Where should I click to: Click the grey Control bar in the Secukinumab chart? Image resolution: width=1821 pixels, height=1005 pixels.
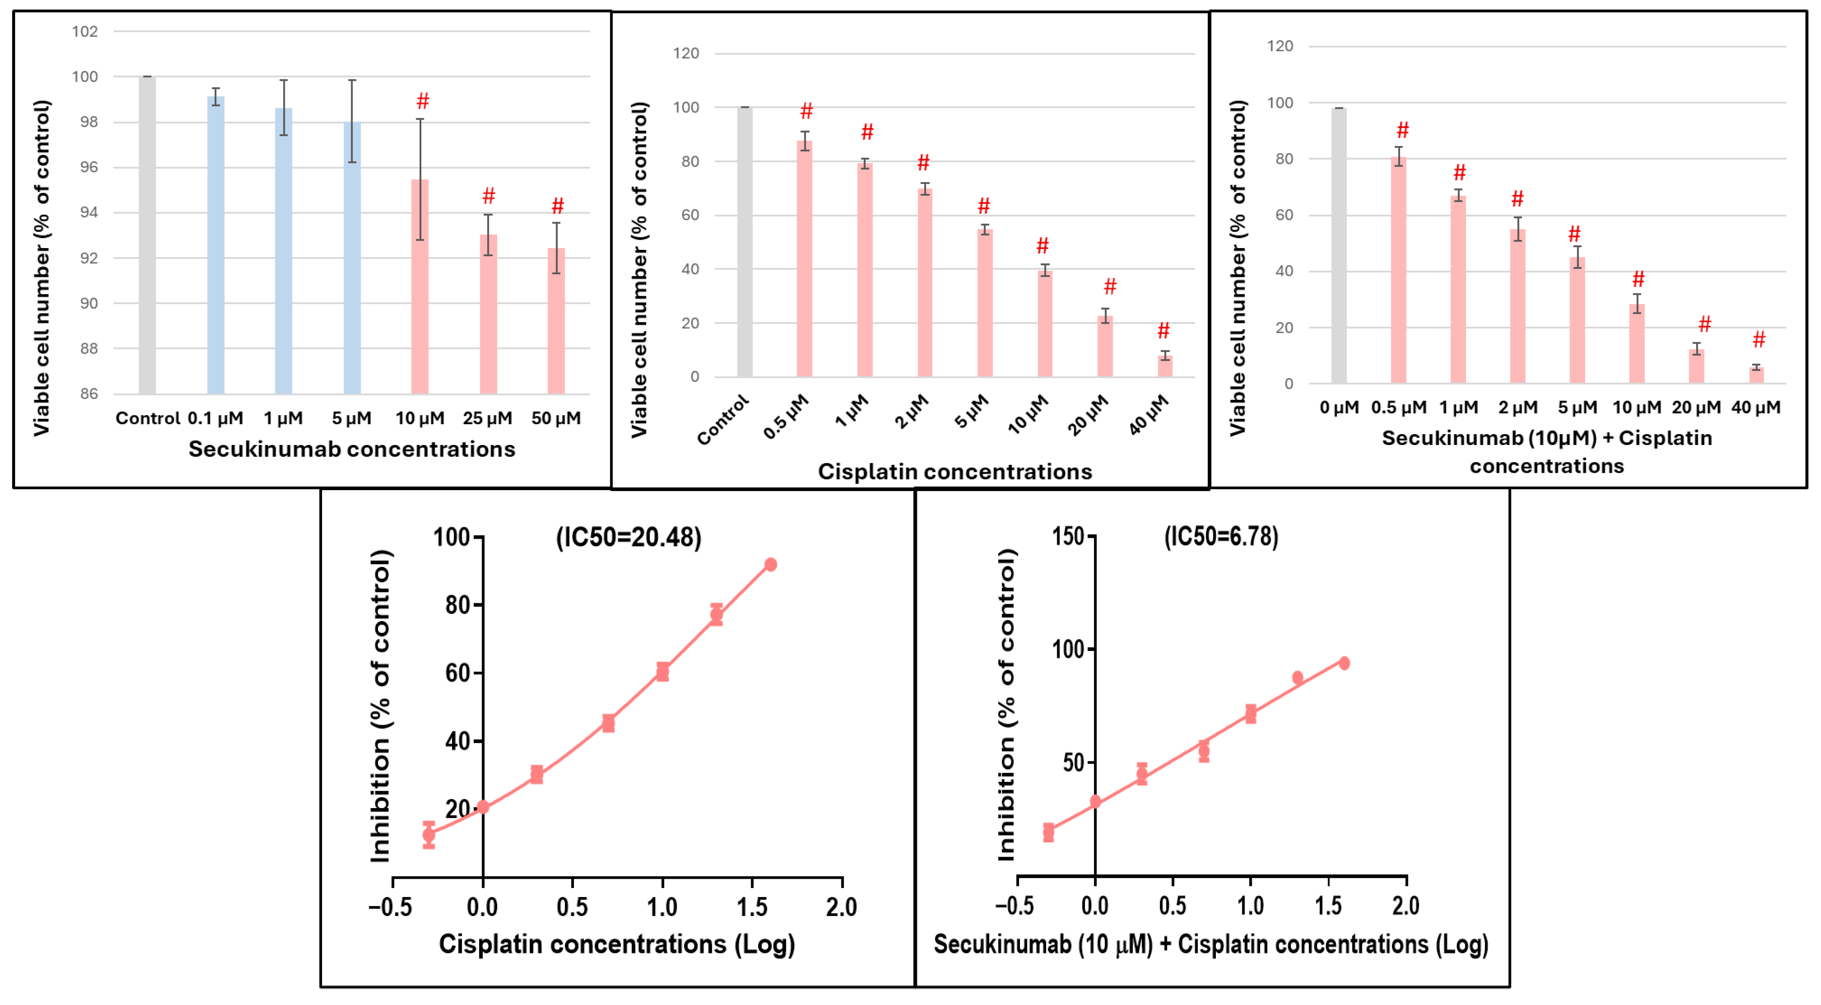click(147, 235)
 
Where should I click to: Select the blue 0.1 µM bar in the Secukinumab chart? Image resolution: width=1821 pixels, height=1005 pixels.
click(215, 245)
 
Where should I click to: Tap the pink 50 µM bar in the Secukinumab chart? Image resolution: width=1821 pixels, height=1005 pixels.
click(556, 321)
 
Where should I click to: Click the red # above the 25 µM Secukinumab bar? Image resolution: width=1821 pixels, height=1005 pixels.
click(489, 196)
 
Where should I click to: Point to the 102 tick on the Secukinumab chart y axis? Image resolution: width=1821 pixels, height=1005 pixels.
click(85, 31)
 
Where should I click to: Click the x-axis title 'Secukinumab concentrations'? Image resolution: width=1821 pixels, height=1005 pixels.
click(352, 449)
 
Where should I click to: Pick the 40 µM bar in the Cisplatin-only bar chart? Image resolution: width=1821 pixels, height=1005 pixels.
click(1165, 367)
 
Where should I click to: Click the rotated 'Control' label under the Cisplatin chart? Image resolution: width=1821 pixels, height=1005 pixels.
click(723, 420)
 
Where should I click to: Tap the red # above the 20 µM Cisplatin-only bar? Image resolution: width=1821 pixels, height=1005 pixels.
click(1110, 286)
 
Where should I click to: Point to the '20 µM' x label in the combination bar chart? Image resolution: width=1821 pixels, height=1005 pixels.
click(1696, 407)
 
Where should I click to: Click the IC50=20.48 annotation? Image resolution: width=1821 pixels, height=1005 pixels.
click(629, 537)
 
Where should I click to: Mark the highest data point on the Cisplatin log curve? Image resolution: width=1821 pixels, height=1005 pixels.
click(771, 564)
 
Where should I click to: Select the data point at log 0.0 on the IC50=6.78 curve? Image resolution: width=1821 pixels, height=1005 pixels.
click(1095, 801)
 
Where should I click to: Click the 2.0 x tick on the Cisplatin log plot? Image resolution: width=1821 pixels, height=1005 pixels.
click(841, 907)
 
